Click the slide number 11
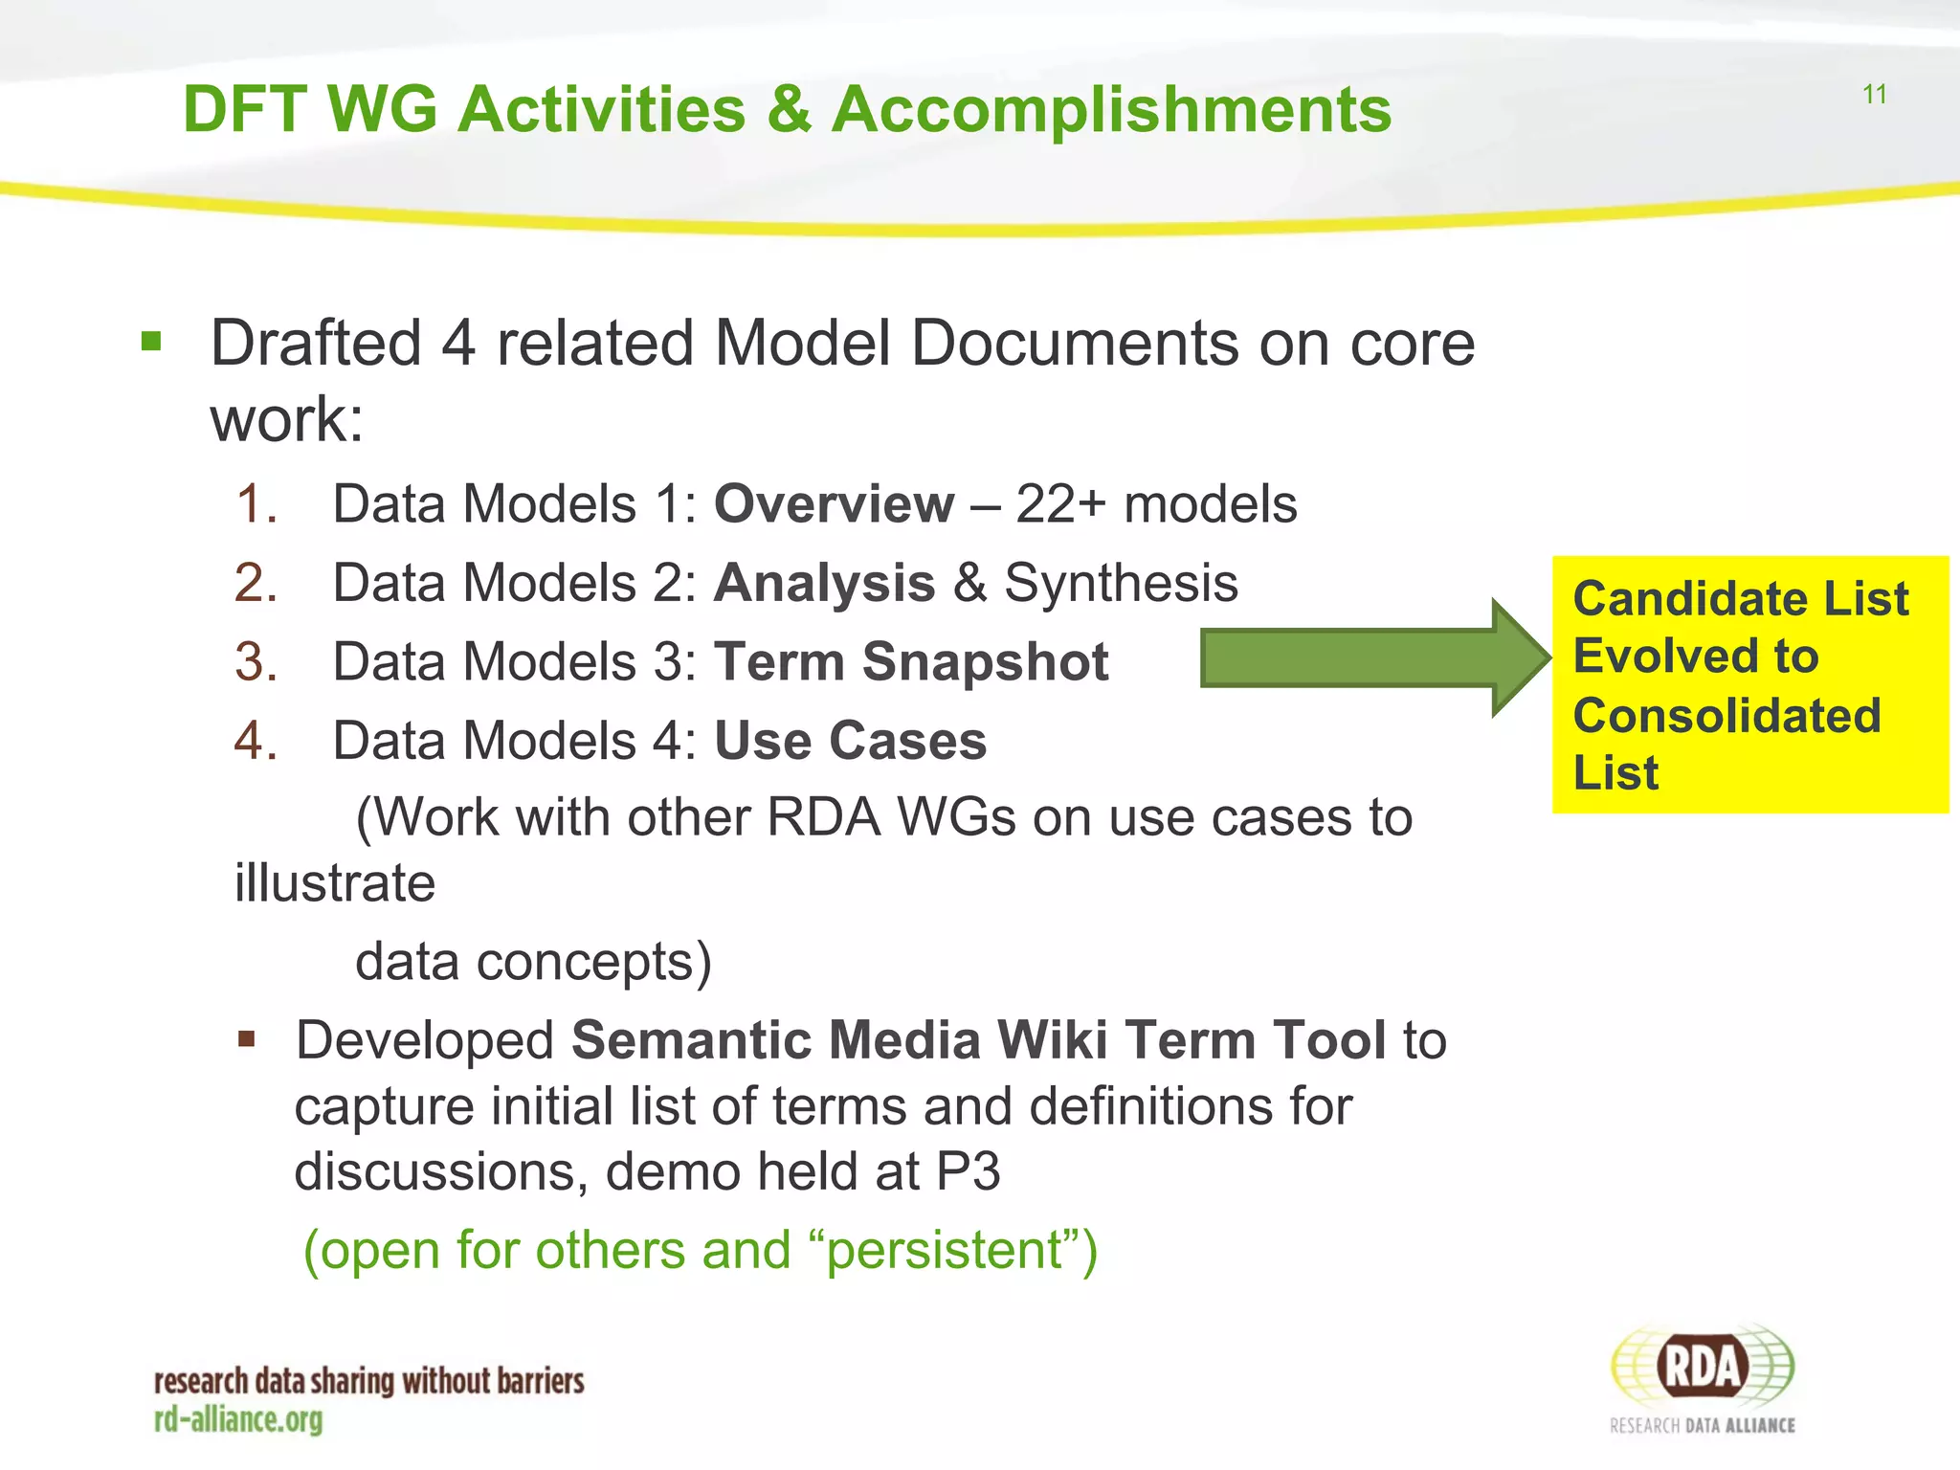pos(1874,95)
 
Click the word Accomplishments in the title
pos(1110,109)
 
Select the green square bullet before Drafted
pos(151,341)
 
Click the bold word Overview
pos(834,503)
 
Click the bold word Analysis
pos(824,583)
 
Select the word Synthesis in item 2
pos(1121,583)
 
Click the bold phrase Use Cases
pos(850,741)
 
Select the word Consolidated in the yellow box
pos(1726,716)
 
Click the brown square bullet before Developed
pos(247,1039)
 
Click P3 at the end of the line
pos(969,1171)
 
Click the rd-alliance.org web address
pos(238,1420)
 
